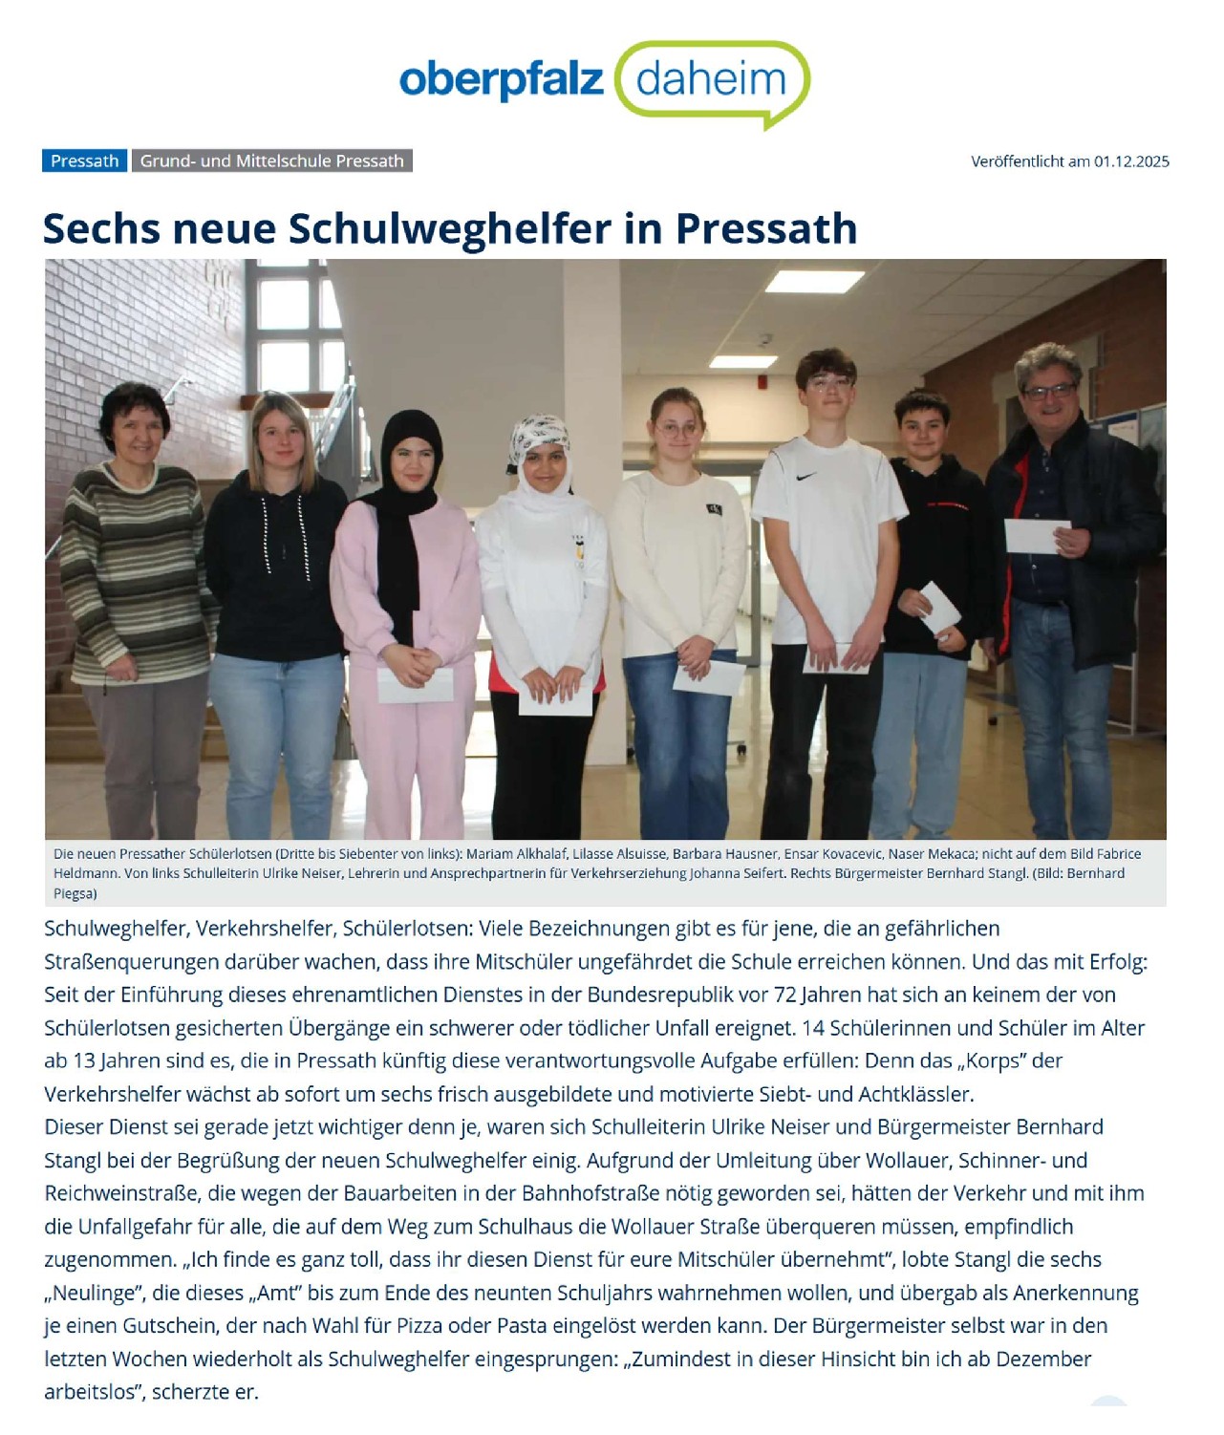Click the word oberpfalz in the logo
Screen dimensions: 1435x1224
pos(501,80)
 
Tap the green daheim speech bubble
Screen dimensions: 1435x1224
pos(712,80)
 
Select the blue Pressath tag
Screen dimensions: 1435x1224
pos(84,161)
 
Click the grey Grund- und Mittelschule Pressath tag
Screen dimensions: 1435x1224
pos(271,161)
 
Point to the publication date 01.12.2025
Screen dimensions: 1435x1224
pos(1131,161)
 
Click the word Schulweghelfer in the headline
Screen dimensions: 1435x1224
pos(449,229)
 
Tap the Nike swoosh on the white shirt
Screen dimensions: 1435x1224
pos(806,475)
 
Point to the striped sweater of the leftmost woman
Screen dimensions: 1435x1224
pos(134,573)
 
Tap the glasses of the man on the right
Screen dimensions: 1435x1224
pos(1048,392)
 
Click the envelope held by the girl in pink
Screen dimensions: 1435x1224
pos(416,684)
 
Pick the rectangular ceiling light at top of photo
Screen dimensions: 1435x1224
pos(814,281)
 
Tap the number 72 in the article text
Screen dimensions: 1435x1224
pos(784,995)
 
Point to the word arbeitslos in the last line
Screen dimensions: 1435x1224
pos(90,1392)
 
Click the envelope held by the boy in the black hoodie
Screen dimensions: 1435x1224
pos(939,608)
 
